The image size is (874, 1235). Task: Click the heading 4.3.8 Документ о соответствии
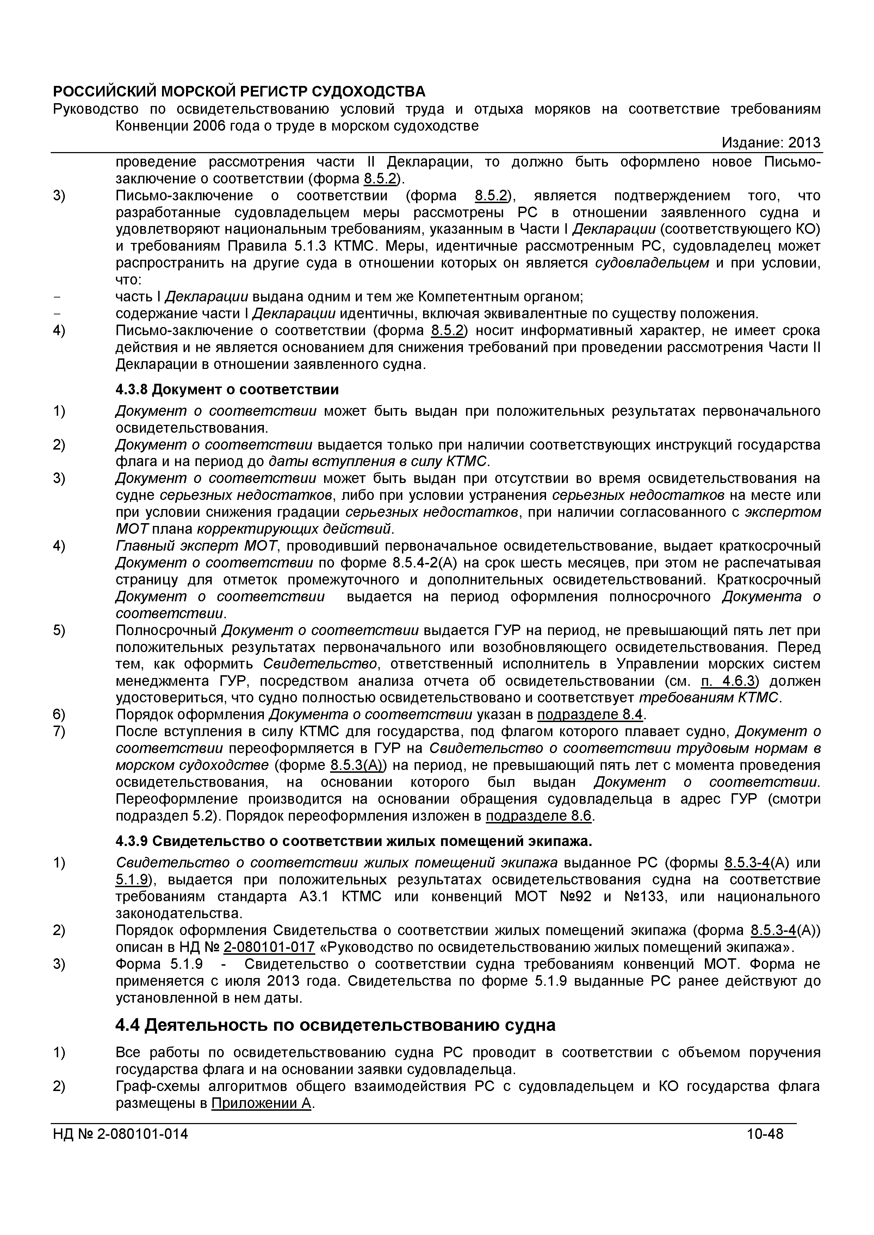[227, 389]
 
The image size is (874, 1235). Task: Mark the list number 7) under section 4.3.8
[59, 732]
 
